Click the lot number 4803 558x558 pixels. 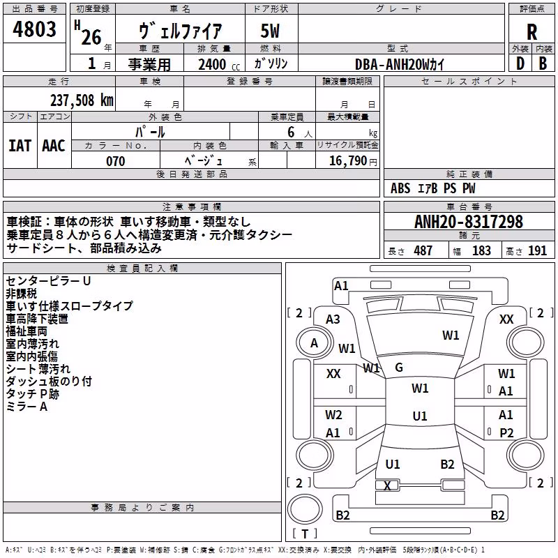[34, 29]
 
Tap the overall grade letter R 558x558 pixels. [531, 32]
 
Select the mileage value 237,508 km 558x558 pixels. [82, 100]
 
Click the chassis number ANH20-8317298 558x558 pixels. [469, 221]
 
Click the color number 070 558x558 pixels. [116, 161]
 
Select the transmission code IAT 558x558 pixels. [20, 146]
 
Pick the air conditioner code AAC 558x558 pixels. [54, 146]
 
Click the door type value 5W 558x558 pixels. [270, 31]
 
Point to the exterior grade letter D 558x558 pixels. [520, 63]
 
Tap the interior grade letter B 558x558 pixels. [543, 63]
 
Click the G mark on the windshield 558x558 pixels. [399, 368]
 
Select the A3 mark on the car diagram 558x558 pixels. [333, 319]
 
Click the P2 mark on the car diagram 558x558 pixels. [506, 432]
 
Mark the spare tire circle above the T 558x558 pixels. [305, 508]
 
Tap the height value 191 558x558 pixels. [537, 251]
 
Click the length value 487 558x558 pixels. [423, 251]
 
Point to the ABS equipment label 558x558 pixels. [400, 188]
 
